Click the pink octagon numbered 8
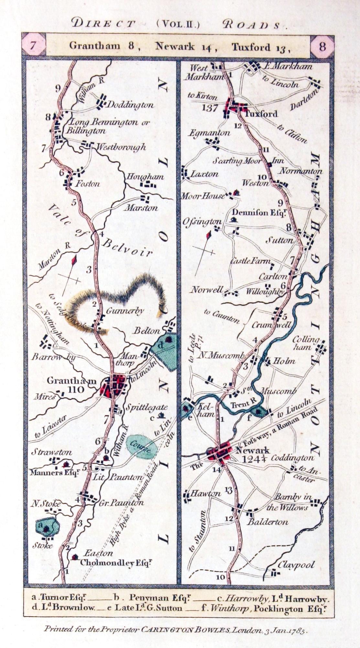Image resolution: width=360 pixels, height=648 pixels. pos(322,46)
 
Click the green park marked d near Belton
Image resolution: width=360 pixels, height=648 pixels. pos(166,350)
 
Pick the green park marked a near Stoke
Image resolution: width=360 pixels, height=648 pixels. pos(47,527)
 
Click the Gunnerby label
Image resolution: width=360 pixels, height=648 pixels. pos(125,311)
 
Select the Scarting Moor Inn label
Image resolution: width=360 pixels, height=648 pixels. pos(248,161)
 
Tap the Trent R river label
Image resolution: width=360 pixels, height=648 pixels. pos(243,404)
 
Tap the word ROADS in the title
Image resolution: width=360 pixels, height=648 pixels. pos(251,25)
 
